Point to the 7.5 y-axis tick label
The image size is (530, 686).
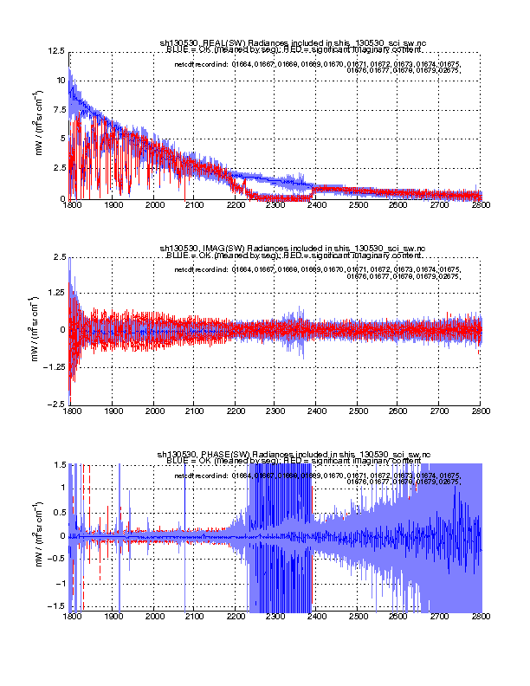coord(58,110)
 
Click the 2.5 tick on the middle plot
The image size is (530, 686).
coord(58,257)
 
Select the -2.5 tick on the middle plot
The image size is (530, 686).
coord(56,404)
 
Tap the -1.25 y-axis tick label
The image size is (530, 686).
coord(54,367)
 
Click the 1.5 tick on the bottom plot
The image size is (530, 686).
coord(58,463)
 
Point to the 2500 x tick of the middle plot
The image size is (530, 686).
coord(358,411)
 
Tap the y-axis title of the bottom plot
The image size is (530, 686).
coord(37,536)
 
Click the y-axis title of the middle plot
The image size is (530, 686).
coord(37,330)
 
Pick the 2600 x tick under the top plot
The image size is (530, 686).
coord(399,206)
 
